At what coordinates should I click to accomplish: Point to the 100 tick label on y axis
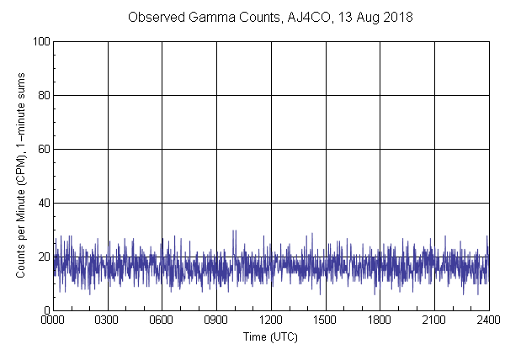40,41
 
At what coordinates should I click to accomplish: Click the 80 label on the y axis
43,95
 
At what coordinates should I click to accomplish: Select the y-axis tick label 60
43,149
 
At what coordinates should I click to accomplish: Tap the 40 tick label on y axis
43,203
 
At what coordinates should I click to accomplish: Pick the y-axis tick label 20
43,257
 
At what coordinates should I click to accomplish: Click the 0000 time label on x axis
53,320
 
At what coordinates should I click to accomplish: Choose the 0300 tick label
108,320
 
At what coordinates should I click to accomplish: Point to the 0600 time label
162,320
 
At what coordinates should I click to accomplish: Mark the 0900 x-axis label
216,320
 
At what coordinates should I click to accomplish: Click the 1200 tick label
271,320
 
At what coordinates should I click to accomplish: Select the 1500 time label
325,320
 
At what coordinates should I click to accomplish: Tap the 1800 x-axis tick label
380,320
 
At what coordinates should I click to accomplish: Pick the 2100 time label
433,320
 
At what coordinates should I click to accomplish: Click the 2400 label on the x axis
487,320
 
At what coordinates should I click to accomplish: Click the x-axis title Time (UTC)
270,336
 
